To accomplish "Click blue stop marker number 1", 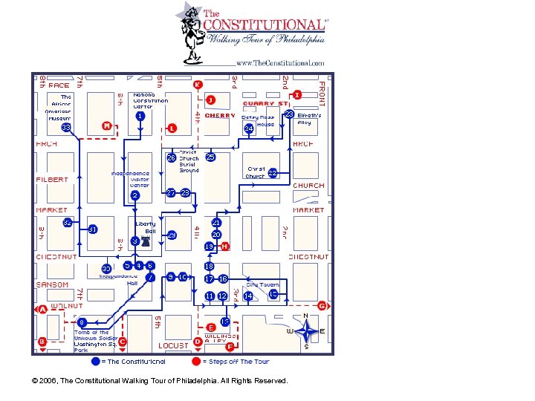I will (140, 116).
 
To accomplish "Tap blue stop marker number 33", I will (66, 128).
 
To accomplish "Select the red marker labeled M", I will (107, 126).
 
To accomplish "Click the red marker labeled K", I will (197, 85).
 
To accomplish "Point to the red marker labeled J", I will (211, 100).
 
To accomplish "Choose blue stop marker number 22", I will (273, 173).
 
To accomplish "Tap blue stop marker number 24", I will (249, 128).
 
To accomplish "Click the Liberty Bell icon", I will (146, 241).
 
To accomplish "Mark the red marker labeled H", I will (224, 246).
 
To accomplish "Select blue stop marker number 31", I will (93, 229).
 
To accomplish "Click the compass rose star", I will (305, 330).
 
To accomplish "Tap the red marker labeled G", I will (322, 305).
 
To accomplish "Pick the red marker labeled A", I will (42, 310).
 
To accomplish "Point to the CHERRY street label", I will (220, 116).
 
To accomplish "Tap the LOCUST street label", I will (174, 346).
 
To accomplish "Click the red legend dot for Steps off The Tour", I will (196, 362).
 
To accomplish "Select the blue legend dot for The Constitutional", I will (94, 362).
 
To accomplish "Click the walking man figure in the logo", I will (192, 33).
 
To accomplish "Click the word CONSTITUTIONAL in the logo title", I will (264, 25).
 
